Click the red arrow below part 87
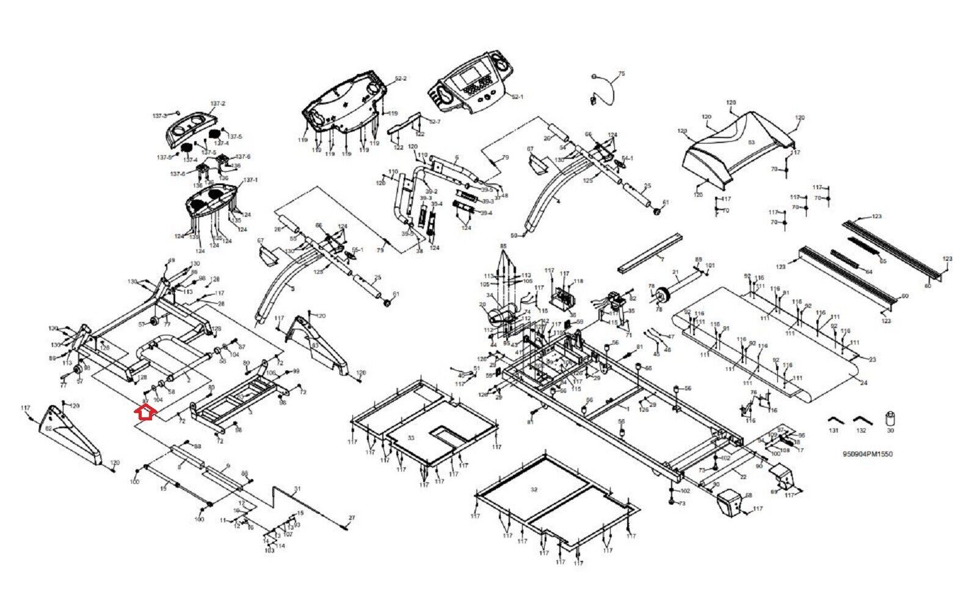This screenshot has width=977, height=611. (144, 413)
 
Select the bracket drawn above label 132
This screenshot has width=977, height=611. (862, 420)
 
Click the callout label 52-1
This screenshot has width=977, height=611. (517, 97)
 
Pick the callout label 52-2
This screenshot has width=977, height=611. (401, 79)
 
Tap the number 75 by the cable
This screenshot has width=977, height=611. (622, 73)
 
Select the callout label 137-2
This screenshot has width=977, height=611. (218, 104)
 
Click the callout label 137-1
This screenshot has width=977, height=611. (251, 180)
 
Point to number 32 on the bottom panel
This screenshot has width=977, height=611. (534, 489)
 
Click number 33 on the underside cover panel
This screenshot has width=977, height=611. (410, 437)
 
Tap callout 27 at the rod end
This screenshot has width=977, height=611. (351, 518)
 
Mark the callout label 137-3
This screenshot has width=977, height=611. (160, 115)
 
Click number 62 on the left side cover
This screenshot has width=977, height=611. (48, 430)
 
